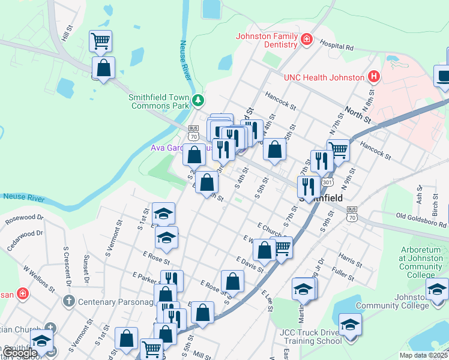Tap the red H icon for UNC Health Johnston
(x=374, y=77)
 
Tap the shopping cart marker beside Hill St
(x=100, y=41)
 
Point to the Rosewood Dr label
(x=24, y=220)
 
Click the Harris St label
(x=348, y=257)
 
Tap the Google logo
(x=19, y=353)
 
